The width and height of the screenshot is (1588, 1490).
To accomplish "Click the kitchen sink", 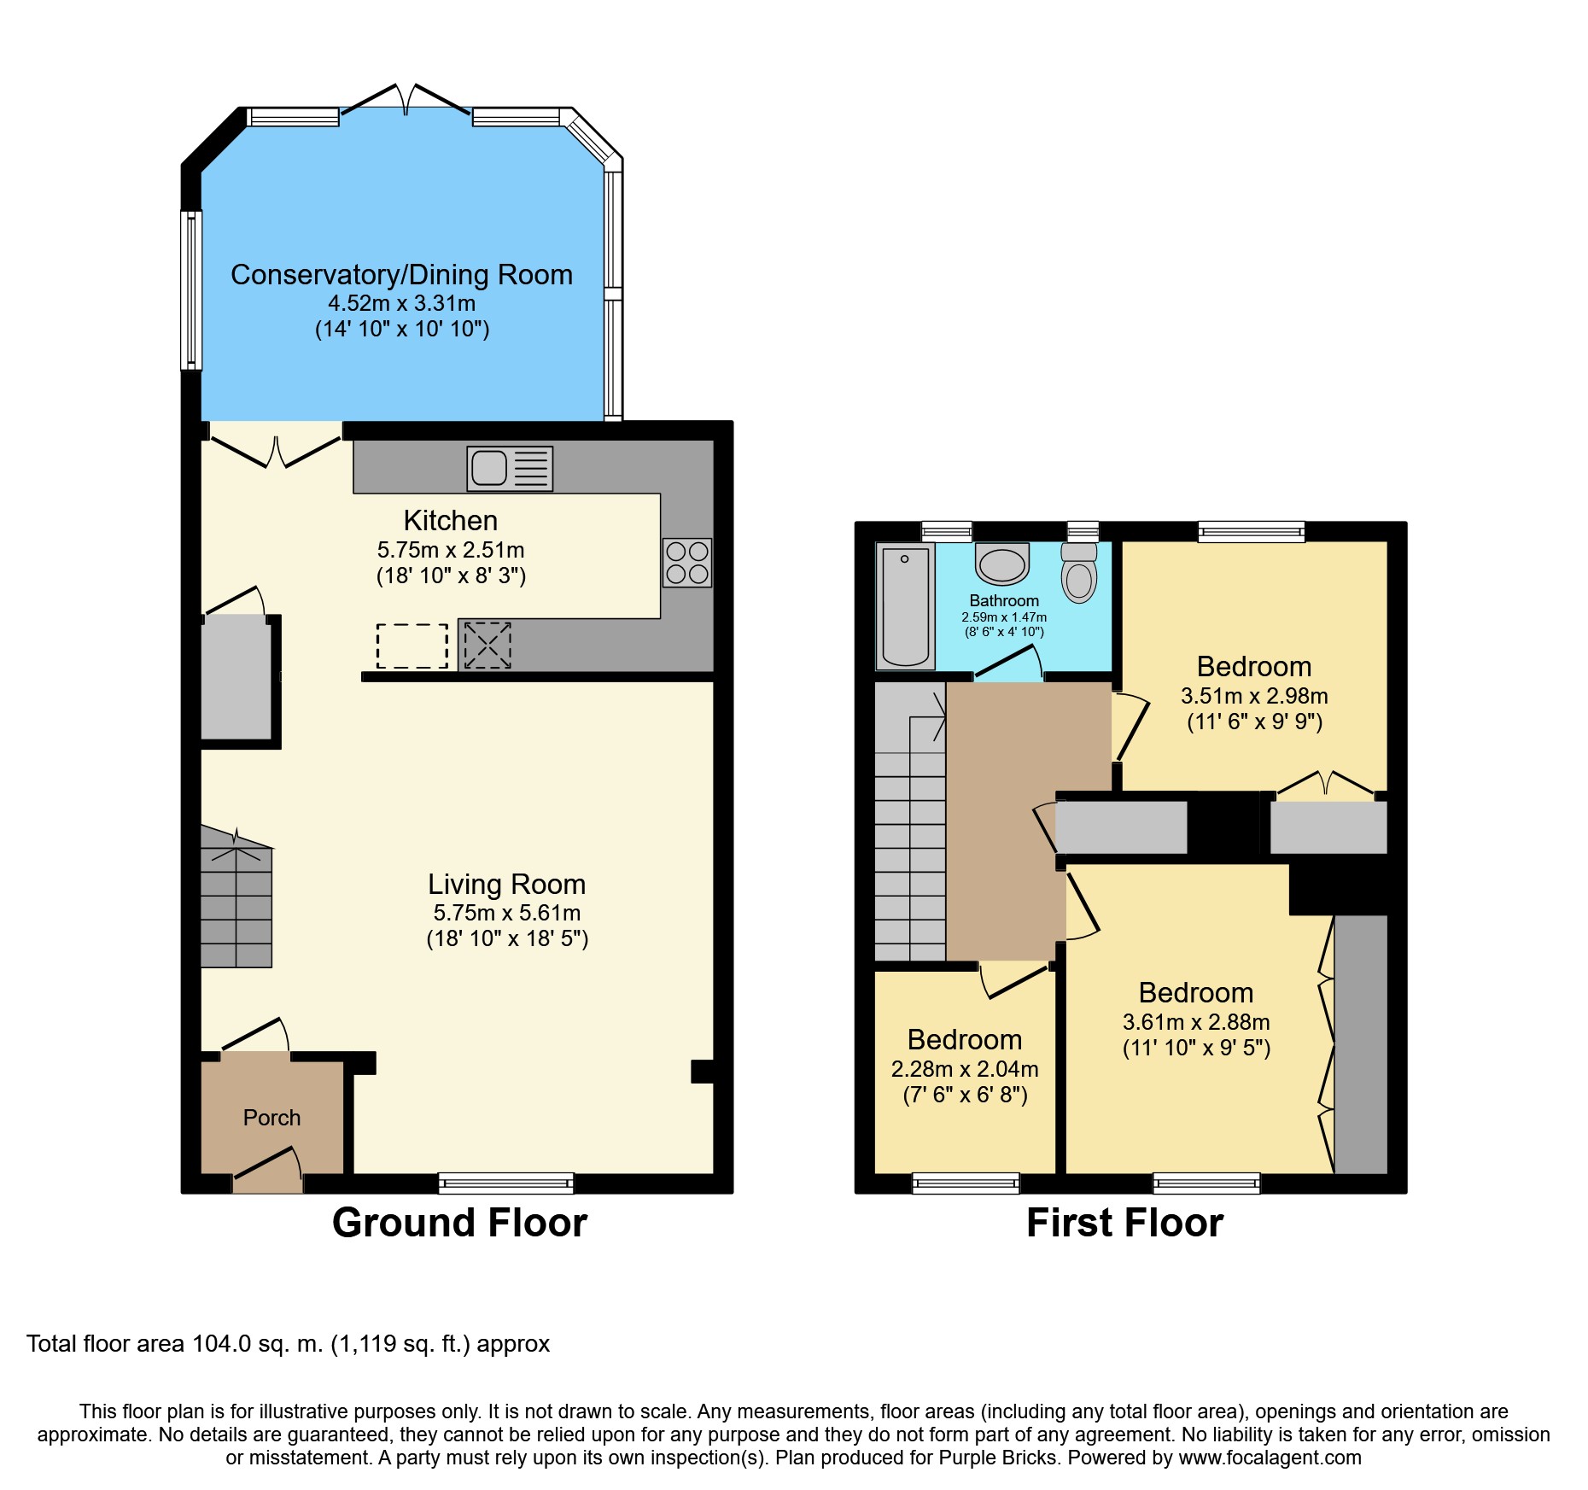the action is pyautogui.click(x=510, y=468).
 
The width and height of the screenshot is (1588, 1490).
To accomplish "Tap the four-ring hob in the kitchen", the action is pyautogui.click(x=687, y=562).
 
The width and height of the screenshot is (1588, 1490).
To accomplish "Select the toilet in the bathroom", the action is pyautogui.click(x=1079, y=572).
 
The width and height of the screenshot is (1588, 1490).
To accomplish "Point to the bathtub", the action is pyautogui.click(x=905, y=605).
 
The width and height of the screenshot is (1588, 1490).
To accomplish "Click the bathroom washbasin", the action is pyautogui.click(x=1002, y=564).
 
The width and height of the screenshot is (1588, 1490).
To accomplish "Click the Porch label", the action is pyautogui.click(x=271, y=1118).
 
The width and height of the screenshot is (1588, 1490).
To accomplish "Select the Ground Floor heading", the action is pyautogui.click(x=459, y=1223).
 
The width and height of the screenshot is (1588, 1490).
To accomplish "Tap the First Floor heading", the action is pyautogui.click(x=1124, y=1223).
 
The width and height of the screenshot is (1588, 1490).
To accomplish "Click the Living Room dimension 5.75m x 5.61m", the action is pyautogui.click(x=507, y=913).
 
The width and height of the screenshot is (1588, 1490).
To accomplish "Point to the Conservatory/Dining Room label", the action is pyautogui.click(x=401, y=275).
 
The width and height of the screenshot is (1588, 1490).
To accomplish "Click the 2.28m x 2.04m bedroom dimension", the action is pyautogui.click(x=965, y=1069).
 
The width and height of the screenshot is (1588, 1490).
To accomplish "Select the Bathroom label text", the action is pyautogui.click(x=1004, y=601).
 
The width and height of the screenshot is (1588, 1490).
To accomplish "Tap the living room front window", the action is pyautogui.click(x=506, y=1183).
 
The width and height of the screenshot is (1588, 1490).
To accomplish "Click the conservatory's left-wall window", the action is pyautogui.click(x=191, y=290).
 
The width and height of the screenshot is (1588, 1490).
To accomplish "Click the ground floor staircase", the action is pyautogui.click(x=236, y=896).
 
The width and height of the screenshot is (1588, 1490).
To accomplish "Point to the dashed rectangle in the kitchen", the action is pyautogui.click(x=412, y=646).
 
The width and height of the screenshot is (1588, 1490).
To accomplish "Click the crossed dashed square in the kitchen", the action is pyautogui.click(x=487, y=645).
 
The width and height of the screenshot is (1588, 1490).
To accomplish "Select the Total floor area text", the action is pyautogui.click(x=289, y=1344).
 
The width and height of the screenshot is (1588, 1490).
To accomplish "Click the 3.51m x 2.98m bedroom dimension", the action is pyautogui.click(x=1254, y=696).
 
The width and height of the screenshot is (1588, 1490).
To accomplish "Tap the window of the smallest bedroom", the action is pyautogui.click(x=966, y=1183).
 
